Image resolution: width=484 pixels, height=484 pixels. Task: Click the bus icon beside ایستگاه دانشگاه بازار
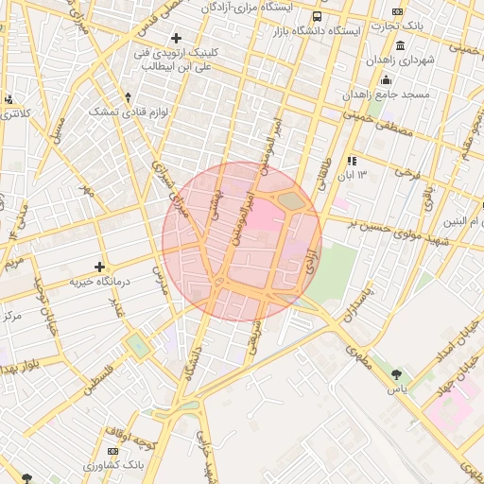tap(316, 16)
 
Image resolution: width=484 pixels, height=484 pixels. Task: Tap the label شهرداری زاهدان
tap(428, 60)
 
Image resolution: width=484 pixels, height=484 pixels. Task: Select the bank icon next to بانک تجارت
tap(398, 12)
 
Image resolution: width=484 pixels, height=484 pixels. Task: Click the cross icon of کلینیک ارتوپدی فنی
tap(176, 38)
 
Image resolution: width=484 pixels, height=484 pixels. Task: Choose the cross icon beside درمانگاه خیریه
tap(99, 267)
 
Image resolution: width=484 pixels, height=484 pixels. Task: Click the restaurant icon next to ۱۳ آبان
tap(351, 161)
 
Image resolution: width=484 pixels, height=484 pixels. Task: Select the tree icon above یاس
tap(396, 374)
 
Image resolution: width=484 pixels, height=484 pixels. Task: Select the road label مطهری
tap(360, 358)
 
